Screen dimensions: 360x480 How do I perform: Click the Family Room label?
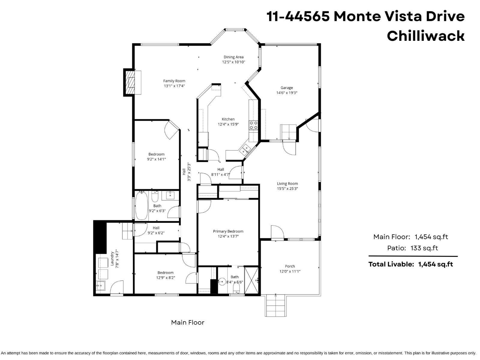pos(174,81)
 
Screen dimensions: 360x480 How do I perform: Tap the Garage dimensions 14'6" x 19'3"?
pos(287,93)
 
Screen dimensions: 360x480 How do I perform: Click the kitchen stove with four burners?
pos(253,125)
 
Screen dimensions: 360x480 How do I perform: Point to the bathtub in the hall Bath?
pos(141,206)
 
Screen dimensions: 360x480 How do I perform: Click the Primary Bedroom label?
pos(228,231)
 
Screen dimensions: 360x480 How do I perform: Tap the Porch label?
pos(290,266)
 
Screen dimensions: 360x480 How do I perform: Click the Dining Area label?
pos(233,57)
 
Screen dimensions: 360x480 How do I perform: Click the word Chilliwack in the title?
pos(425,36)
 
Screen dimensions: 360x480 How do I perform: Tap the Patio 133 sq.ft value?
pos(424,248)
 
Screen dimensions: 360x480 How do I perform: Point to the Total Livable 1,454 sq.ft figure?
pos(435,264)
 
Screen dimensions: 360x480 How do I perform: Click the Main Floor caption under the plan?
pos(187,322)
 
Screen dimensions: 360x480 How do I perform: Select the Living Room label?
pos(287,184)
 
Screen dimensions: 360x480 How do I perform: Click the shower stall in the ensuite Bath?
pos(251,280)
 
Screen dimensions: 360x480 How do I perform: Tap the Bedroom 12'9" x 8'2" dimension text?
pos(165,278)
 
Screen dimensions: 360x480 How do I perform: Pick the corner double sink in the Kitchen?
pos(245,149)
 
